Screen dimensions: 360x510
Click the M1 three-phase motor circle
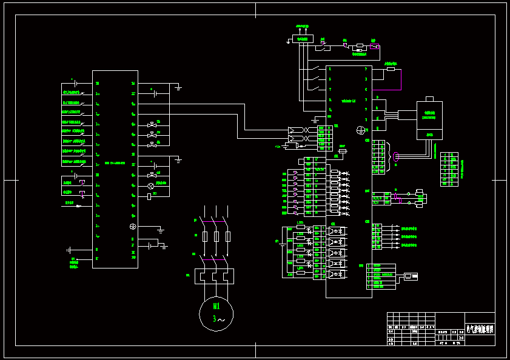pos(216,314)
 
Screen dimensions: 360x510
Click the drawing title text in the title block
pos(480,329)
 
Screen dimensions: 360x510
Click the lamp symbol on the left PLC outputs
pos(151,185)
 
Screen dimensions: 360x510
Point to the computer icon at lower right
pos(411,276)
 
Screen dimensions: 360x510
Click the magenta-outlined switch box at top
pos(375,46)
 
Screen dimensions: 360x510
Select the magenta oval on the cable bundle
pos(395,156)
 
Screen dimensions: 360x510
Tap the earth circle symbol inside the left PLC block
pos(133,227)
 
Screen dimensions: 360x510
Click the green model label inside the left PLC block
pos(115,163)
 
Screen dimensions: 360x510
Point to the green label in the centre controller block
pos(348,101)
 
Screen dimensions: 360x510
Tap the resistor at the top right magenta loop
pos(391,70)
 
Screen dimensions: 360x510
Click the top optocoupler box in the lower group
pos(336,230)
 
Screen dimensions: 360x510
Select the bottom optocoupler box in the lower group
pos(336,274)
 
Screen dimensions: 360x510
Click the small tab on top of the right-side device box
pos(429,98)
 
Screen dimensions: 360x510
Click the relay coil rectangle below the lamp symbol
pos(149,196)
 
